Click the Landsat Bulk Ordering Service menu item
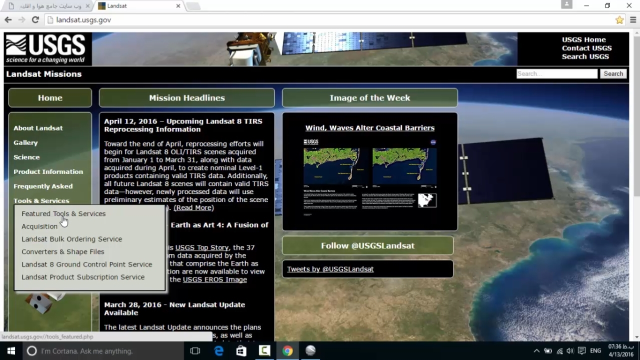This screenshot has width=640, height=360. click(x=71, y=239)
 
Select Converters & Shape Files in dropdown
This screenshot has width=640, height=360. click(x=62, y=251)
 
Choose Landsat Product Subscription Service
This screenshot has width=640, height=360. click(x=83, y=277)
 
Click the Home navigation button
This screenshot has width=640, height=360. click(x=50, y=98)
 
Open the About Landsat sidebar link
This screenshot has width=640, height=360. click(x=38, y=128)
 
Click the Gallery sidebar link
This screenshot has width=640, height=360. click(x=25, y=142)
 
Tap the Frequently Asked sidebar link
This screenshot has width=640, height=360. click(x=43, y=186)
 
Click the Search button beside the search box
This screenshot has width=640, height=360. click(x=613, y=74)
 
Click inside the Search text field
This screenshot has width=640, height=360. click(x=556, y=74)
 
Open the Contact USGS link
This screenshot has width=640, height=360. click(x=586, y=48)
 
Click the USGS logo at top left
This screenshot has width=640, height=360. click(x=45, y=49)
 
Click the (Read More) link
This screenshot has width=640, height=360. click(x=193, y=207)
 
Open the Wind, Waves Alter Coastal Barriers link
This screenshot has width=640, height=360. click(x=369, y=128)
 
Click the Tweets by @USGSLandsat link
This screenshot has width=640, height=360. click(x=330, y=269)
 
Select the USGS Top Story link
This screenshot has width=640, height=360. click(x=201, y=247)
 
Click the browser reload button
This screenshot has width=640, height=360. click(x=35, y=20)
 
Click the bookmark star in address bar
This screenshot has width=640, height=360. click(x=619, y=20)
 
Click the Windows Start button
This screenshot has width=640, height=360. click(x=10, y=351)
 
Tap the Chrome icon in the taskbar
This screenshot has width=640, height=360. click(x=287, y=351)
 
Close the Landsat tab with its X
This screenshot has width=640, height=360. click(x=178, y=6)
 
